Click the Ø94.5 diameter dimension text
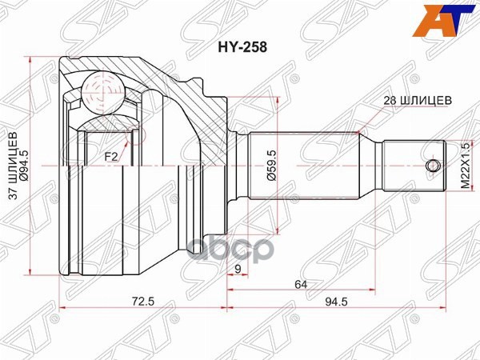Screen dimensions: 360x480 click(26, 166)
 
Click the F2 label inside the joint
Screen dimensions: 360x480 click(110, 157)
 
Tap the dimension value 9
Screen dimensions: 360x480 click(238, 268)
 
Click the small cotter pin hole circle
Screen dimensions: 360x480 click(432, 166)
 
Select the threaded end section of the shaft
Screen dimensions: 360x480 click(412, 166)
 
